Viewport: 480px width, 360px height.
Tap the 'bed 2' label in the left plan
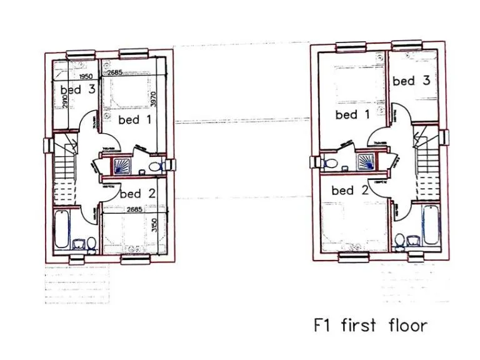click(137, 193)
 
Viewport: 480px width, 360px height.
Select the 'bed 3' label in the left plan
click(77, 89)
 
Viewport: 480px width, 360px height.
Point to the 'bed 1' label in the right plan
click(352, 114)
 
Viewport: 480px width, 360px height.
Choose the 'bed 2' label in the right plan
click(351, 190)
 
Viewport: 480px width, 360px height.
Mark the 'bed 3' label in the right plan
click(411, 81)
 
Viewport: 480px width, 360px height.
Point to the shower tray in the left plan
click(122, 166)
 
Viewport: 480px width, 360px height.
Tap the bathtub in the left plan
click(62, 229)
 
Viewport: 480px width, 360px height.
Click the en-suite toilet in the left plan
click(160, 166)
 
